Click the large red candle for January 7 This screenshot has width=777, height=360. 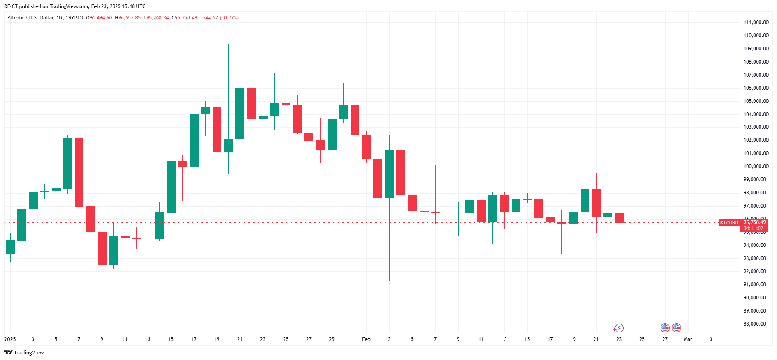click(79, 172)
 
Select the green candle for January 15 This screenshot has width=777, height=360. click(171, 186)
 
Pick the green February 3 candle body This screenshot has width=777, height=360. click(389, 173)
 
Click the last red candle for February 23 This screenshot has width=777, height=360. click(619, 217)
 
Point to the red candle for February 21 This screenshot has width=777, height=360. click(596, 203)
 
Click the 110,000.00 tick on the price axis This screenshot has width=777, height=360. click(756, 36)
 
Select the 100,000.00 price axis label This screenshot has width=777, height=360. click(756, 166)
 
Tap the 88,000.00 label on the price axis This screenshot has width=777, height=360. click(756, 324)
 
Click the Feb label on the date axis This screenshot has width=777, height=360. click(366, 339)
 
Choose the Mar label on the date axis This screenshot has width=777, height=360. click(688, 339)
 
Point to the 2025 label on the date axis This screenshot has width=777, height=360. click(10, 339)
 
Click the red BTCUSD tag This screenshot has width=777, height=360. click(729, 223)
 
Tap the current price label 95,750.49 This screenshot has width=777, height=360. click(755, 222)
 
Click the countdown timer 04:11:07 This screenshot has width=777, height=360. click(753, 228)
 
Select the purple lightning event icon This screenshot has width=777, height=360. click(619, 328)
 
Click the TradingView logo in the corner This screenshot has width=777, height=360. click(24, 352)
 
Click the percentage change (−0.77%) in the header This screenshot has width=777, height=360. click(229, 18)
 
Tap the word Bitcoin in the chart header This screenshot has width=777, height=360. click(16, 18)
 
